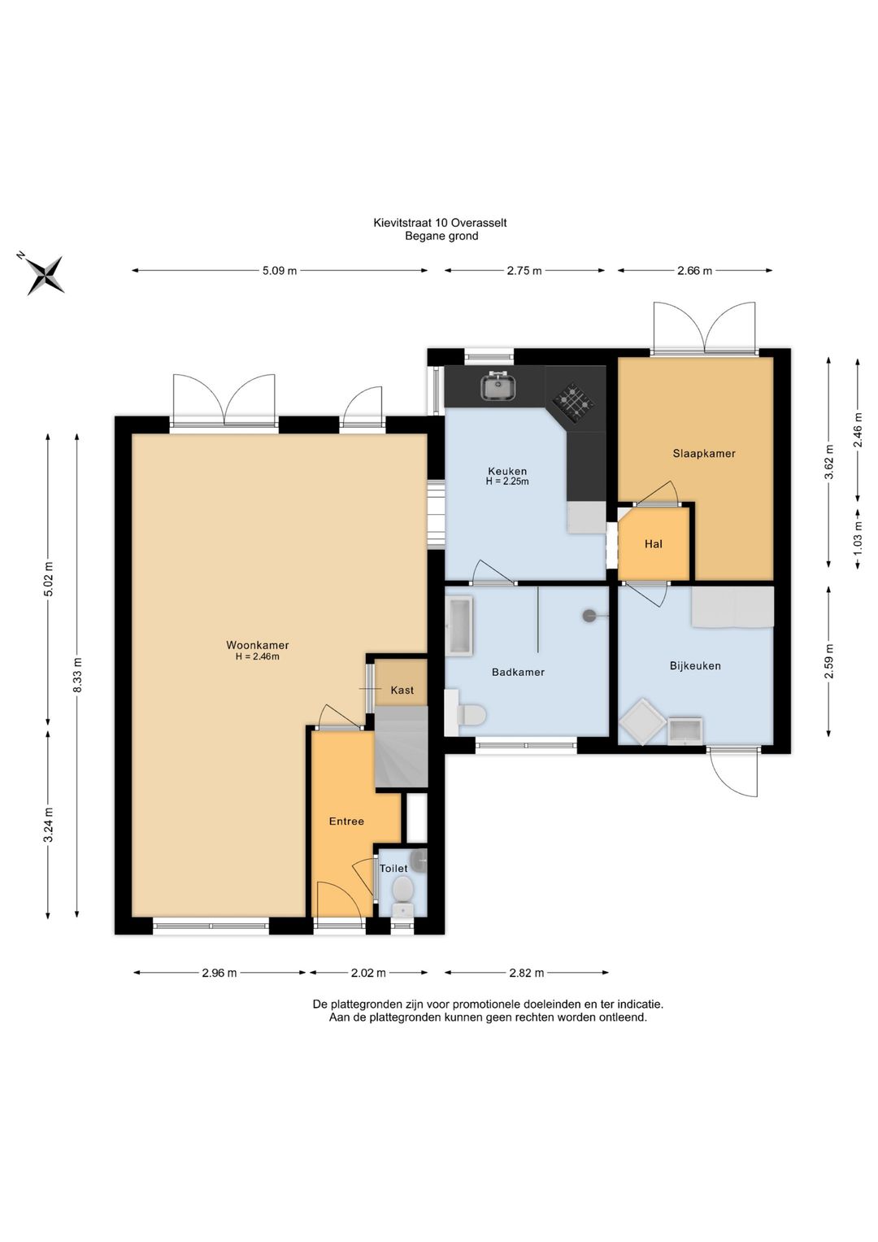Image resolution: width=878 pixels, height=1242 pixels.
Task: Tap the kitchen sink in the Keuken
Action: [498, 386]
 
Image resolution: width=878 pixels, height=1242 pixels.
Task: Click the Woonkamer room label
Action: [257, 645]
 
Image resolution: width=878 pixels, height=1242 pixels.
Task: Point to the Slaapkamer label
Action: [704, 453]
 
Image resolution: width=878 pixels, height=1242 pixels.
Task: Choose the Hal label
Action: [653, 544]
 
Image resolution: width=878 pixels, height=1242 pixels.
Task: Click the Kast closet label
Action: [402, 690]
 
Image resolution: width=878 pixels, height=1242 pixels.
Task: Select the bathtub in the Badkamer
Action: [459, 626]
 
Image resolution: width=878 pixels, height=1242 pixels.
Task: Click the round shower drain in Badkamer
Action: [589, 616]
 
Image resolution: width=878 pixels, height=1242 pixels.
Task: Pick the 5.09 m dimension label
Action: [280, 271]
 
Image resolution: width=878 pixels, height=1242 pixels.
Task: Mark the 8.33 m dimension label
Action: [77, 674]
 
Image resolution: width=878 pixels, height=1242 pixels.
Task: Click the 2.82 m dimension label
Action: [526, 973]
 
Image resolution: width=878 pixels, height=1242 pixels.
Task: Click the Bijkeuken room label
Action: [695, 666]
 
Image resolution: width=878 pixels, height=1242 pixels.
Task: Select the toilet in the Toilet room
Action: [402, 893]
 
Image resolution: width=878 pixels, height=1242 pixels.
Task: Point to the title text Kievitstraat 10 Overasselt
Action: [440, 223]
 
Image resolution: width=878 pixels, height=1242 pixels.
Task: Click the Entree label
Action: [346, 821]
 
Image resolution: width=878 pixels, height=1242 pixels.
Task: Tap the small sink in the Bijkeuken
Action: [685, 730]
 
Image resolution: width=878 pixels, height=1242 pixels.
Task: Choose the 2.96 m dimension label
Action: [219, 973]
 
